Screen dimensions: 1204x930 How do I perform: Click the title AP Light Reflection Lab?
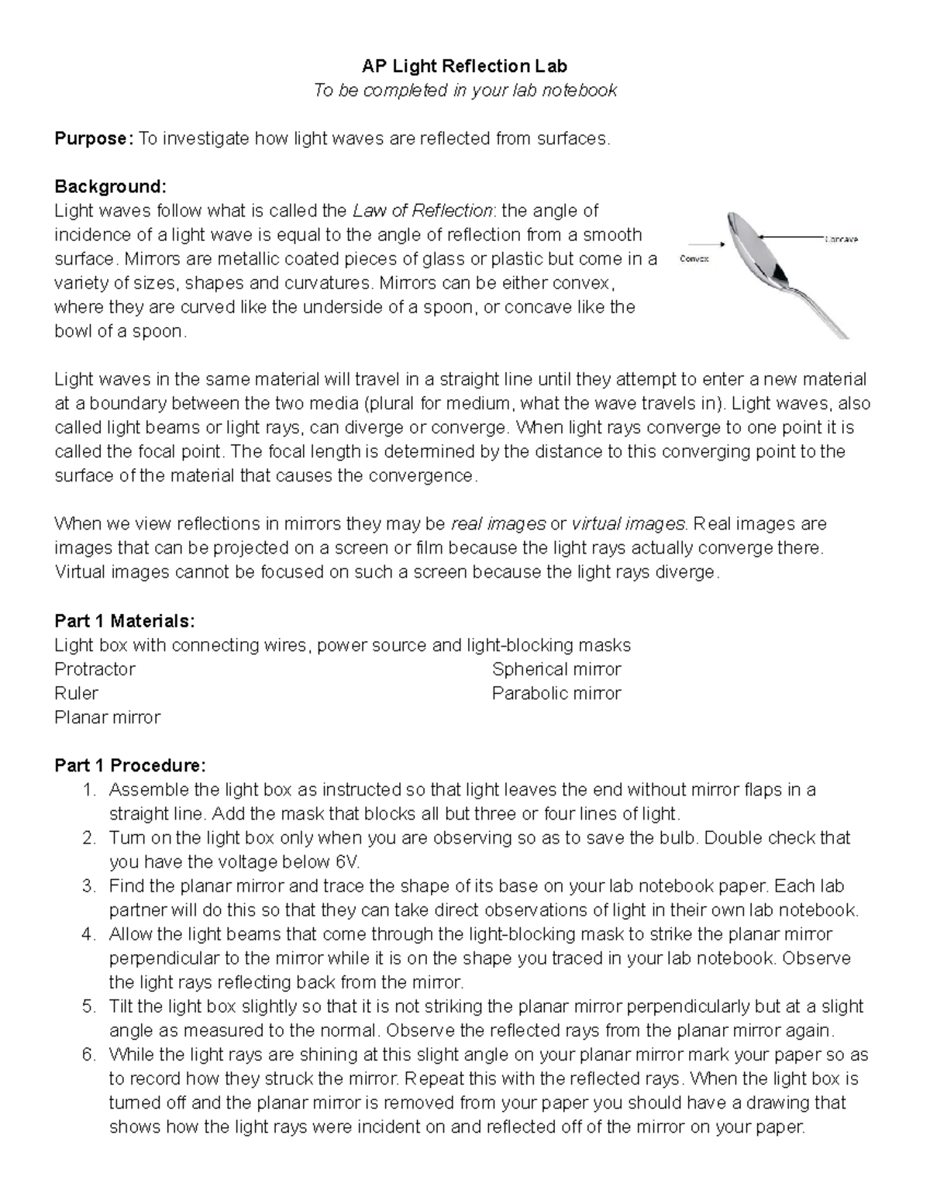464,67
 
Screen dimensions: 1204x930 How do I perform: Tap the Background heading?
110,187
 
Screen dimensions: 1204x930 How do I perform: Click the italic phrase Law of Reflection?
422,211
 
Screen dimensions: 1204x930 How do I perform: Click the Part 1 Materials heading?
125,621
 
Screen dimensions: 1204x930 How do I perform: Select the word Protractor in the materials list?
95,669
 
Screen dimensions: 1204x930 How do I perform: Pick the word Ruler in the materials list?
76,693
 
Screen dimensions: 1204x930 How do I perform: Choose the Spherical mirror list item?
556,669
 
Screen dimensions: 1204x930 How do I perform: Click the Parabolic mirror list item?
556,693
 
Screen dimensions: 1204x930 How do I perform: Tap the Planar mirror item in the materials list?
107,717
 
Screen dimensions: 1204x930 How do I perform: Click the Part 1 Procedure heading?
130,766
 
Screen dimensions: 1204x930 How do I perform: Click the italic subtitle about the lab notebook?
464,91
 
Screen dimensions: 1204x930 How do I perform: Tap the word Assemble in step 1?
148,790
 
